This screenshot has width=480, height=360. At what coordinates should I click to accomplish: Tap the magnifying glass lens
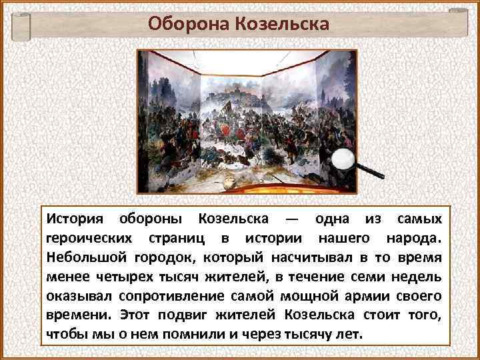345,159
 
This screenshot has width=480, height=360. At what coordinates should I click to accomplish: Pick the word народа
413,238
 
